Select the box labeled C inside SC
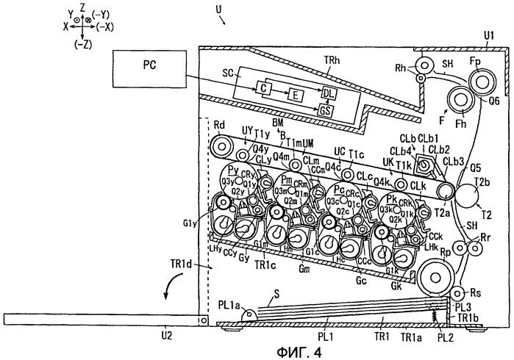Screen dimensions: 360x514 [263, 89]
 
